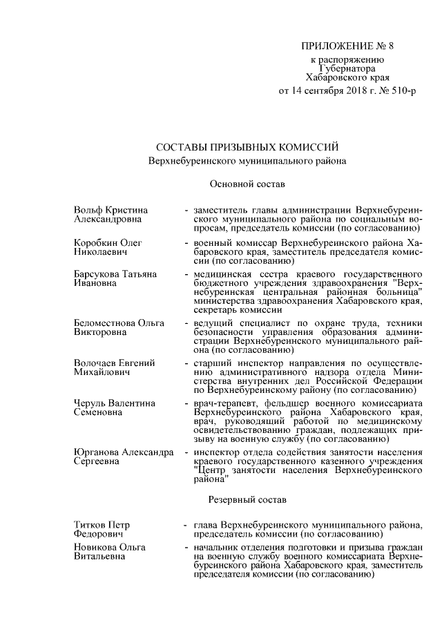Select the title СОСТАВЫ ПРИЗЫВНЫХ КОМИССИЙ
pyautogui.click(x=247, y=146)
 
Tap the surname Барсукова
pyautogui.click(x=97, y=274)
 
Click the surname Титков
pyautogui.click(x=90, y=525)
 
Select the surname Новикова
pyautogui.click(x=95, y=547)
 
